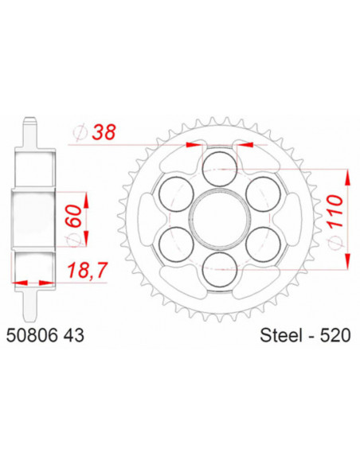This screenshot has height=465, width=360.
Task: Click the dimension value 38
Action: (103, 136)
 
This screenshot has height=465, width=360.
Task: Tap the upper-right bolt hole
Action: (260, 190)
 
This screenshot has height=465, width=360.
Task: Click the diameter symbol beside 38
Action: (80, 135)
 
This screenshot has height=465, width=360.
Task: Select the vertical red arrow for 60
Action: (85, 213)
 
